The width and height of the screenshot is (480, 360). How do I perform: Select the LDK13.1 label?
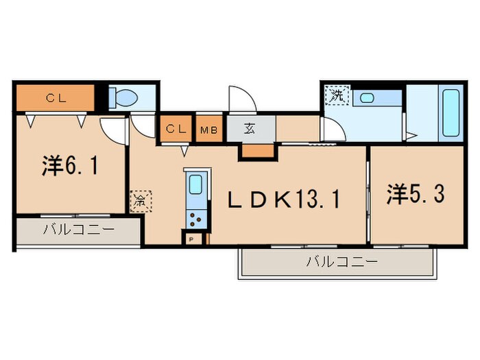(284, 200)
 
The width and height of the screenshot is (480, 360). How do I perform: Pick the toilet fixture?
(123, 98)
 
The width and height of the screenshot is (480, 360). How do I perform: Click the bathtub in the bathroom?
(451, 112)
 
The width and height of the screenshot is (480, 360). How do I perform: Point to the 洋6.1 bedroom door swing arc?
(111, 129)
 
